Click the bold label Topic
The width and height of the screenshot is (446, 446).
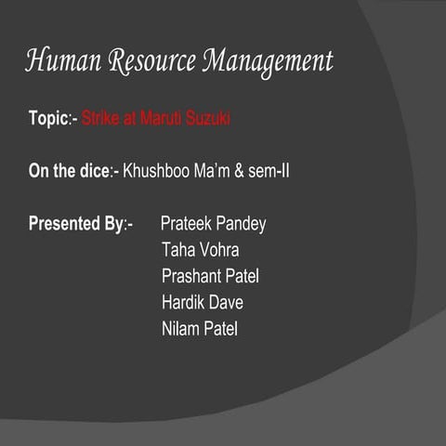point(48,119)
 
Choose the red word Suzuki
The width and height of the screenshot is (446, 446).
point(209,119)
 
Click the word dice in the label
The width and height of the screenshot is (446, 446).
point(96,171)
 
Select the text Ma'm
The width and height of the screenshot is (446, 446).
point(216,171)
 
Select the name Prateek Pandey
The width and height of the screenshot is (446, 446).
point(213,224)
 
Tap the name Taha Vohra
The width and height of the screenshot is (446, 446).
point(200,250)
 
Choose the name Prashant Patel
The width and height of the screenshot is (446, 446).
point(210,276)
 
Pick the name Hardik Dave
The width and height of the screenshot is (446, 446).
point(202,302)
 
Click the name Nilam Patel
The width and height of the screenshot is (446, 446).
point(199,328)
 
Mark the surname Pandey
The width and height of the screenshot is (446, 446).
point(240,224)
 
